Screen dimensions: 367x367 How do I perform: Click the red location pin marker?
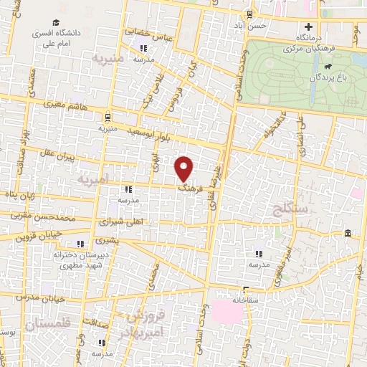(186, 168)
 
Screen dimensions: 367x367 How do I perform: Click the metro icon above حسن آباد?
(249, 14)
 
